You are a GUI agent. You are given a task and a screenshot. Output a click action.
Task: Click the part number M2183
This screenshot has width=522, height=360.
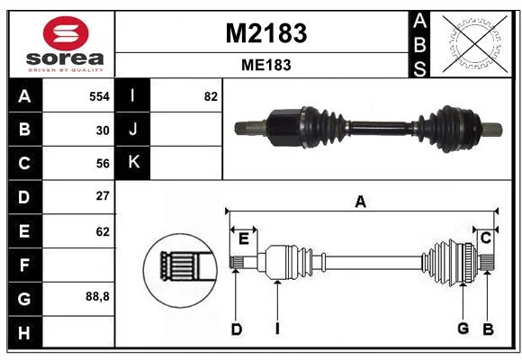coord(266,33)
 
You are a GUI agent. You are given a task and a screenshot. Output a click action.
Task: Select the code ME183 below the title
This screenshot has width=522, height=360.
coord(266,65)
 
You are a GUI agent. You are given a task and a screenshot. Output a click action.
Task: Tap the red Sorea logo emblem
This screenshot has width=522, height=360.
coord(66,33)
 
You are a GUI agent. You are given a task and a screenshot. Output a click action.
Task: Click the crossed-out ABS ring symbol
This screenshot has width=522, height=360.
coord(475,44)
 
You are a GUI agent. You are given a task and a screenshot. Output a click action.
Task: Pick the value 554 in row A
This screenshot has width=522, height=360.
coord(100,96)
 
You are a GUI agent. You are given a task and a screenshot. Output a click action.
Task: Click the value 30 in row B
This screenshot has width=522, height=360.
coord(103,130)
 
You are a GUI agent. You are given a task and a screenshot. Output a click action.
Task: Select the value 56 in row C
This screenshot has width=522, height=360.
coord(103,164)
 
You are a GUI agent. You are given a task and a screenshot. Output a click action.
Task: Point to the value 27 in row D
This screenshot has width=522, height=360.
coord(103,196)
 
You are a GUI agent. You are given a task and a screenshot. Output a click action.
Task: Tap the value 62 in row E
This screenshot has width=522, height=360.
coord(103,231)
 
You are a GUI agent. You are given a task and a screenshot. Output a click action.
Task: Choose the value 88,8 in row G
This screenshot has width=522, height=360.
coord(97,296)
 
